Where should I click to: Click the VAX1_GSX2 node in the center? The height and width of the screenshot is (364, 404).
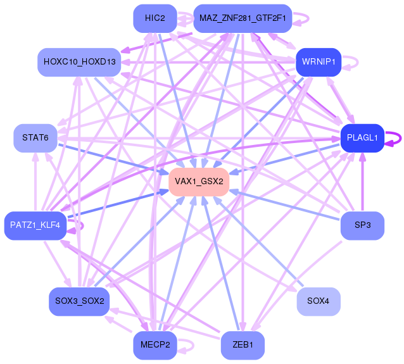pyautogui.click(x=198, y=182)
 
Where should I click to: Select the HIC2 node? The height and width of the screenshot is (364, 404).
pyautogui.click(x=155, y=18)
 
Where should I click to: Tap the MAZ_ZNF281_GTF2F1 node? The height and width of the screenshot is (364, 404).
pyautogui.click(x=243, y=18)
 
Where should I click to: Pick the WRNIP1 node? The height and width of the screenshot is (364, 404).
pyautogui.click(x=319, y=62)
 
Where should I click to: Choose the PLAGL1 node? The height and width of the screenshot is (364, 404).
pyautogui.click(x=362, y=137)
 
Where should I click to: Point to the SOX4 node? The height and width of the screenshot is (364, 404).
pyautogui.click(x=318, y=301)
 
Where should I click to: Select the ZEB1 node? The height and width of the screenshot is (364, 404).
pyautogui.click(x=243, y=346)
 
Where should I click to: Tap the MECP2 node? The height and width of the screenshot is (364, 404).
pyautogui.click(x=155, y=346)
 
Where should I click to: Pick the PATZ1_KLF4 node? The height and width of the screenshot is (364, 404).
pyautogui.click(x=35, y=225)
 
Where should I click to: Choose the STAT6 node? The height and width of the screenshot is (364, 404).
pyautogui.click(x=35, y=137)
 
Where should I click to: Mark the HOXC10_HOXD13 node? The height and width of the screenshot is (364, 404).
pyautogui.click(x=79, y=62)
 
